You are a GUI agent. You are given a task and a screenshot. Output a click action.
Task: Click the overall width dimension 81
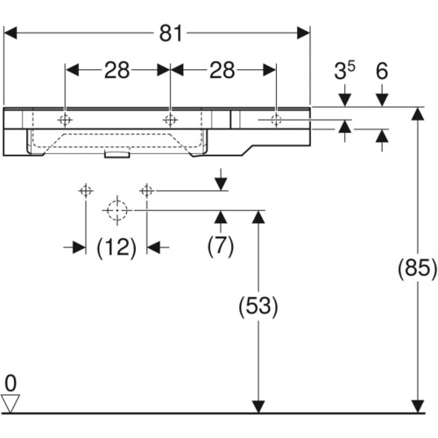[171, 33]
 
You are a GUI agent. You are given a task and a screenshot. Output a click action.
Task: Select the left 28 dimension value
[117, 70]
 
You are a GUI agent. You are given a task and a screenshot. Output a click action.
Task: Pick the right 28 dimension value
[222, 70]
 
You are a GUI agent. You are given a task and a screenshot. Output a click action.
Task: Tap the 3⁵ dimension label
[344, 71]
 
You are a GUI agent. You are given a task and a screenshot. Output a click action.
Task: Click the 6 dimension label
[382, 71]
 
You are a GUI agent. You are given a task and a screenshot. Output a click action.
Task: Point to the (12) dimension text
[117, 248]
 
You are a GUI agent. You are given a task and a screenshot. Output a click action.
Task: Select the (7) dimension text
[221, 246]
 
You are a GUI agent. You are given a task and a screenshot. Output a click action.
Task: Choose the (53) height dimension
[258, 307]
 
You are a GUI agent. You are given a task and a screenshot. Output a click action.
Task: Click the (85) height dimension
[418, 268]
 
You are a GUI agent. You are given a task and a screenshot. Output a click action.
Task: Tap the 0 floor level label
[11, 384]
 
